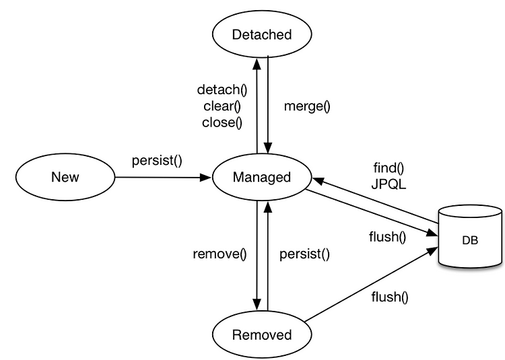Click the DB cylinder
point(470,236)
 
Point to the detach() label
point(222,89)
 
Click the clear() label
point(222,106)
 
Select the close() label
point(222,122)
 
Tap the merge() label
point(307,106)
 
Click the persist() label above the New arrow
point(157,161)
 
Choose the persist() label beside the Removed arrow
point(304,254)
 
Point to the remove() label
point(220,254)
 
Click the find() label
point(389,168)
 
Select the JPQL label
point(389,184)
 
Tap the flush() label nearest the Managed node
point(387,237)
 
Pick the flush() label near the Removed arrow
point(390,297)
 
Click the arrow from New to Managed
point(163,177)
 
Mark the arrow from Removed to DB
point(371,284)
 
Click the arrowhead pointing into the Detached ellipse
point(257,64)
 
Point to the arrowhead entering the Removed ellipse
point(257,304)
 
